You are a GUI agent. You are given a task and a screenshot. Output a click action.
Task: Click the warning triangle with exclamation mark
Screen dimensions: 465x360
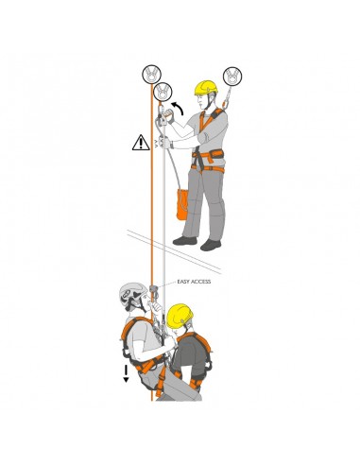(140, 145)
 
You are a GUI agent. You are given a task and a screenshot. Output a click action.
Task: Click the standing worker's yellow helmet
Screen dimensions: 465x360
(206, 87)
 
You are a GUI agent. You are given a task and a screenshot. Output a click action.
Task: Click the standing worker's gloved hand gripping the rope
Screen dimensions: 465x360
(171, 145)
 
